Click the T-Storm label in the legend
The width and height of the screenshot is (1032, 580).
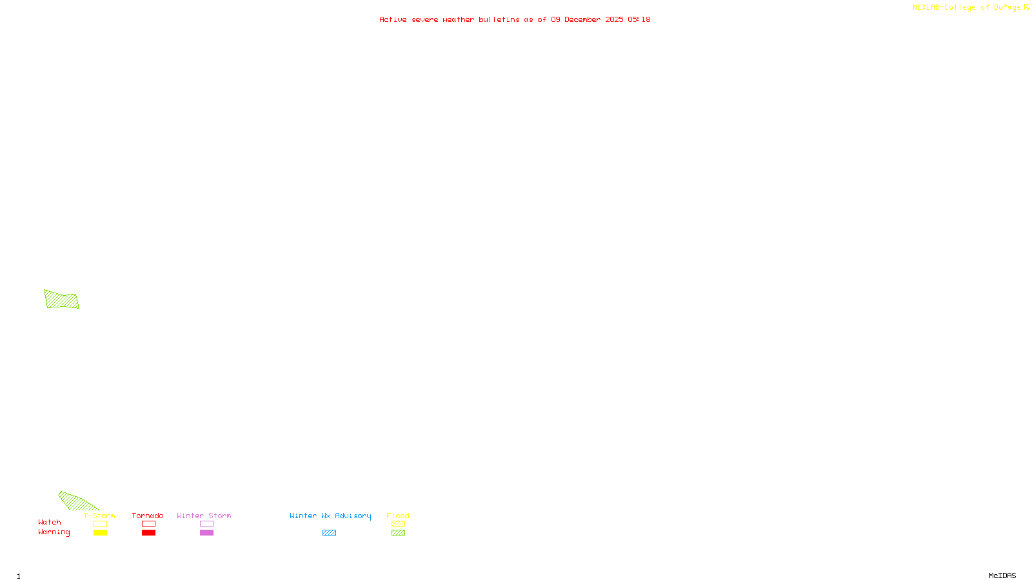[x=99, y=516]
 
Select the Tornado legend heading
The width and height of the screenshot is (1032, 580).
[x=148, y=516]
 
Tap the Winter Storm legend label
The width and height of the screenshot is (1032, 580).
[x=204, y=516]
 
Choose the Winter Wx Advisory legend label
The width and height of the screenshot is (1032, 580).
[x=330, y=516]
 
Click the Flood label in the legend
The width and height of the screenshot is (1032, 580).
[x=398, y=516]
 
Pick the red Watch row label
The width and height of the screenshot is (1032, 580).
[x=50, y=522]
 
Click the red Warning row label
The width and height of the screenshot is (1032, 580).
[x=54, y=532]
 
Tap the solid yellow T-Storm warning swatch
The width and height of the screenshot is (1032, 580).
[x=100, y=533]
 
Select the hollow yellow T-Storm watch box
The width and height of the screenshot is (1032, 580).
[x=100, y=524]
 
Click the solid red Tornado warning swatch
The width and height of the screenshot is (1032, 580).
[x=148, y=533]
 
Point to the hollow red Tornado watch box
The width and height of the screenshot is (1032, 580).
[x=148, y=524]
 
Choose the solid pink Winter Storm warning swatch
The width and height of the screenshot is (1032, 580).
[x=206, y=533]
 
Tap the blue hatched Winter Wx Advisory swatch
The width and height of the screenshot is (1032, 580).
[x=329, y=533]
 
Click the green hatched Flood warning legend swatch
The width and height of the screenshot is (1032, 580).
[x=398, y=533]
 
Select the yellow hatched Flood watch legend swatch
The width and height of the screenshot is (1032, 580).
[x=398, y=524]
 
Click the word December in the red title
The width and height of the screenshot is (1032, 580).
[x=582, y=19]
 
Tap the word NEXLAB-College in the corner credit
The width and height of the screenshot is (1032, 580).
[x=944, y=7]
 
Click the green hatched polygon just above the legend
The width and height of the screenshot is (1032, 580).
[x=77, y=501]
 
